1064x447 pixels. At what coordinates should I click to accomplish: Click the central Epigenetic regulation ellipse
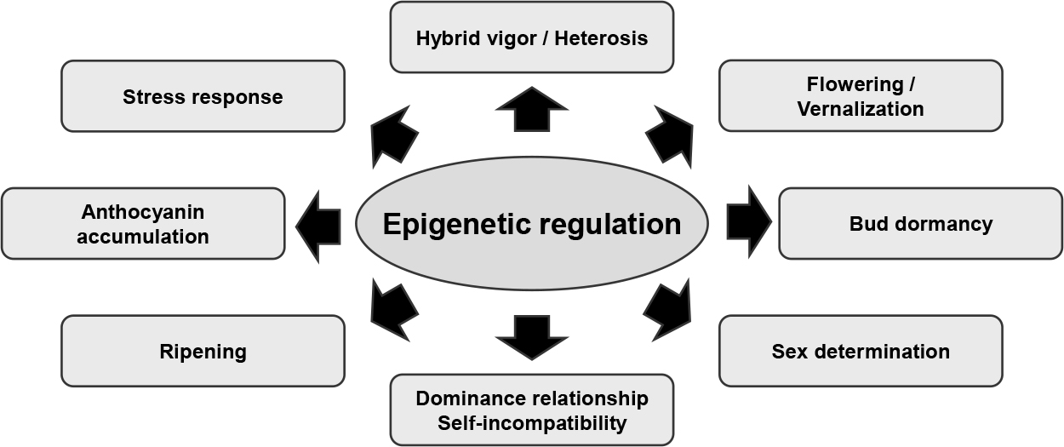tap(531, 223)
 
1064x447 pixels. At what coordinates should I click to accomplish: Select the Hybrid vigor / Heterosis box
tap(531, 37)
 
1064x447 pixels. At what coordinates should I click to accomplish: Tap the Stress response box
tap(203, 96)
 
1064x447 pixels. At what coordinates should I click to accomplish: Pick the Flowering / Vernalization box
tap(861, 95)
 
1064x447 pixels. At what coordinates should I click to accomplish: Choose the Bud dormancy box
tap(920, 223)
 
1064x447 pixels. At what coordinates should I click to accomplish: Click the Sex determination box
tap(861, 351)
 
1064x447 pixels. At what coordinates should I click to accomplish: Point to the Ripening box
tap(203, 351)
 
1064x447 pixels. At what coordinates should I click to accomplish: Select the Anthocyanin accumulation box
tap(143, 223)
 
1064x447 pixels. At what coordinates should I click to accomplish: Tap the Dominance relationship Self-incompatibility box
tap(531, 410)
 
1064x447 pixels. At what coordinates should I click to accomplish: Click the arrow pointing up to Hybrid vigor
tap(531, 109)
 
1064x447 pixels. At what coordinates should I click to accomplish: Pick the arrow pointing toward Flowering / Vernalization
tap(670, 137)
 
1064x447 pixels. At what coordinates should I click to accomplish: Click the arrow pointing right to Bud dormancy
tap(749, 222)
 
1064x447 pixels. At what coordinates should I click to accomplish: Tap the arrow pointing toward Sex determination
tap(668, 310)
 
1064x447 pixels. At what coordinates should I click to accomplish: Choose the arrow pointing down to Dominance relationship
tap(531, 337)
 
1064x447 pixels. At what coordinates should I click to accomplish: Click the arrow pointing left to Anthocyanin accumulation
tap(318, 227)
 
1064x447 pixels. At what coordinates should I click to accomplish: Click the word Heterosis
tap(601, 38)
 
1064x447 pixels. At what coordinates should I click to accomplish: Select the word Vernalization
tap(861, 109)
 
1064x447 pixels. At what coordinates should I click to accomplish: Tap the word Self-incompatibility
tap(532, 423)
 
